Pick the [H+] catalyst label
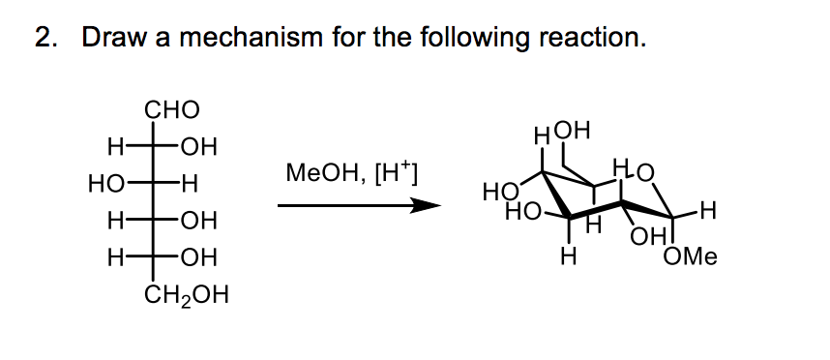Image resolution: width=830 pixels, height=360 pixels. [392, 174]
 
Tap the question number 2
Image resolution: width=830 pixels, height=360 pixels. [44, 39]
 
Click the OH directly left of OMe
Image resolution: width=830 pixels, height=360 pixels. [643, 235]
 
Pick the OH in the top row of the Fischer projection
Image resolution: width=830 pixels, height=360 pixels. [199, 148]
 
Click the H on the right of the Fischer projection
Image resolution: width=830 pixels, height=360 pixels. [191, 184]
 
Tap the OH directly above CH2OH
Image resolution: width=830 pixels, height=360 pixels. [199, 257]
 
